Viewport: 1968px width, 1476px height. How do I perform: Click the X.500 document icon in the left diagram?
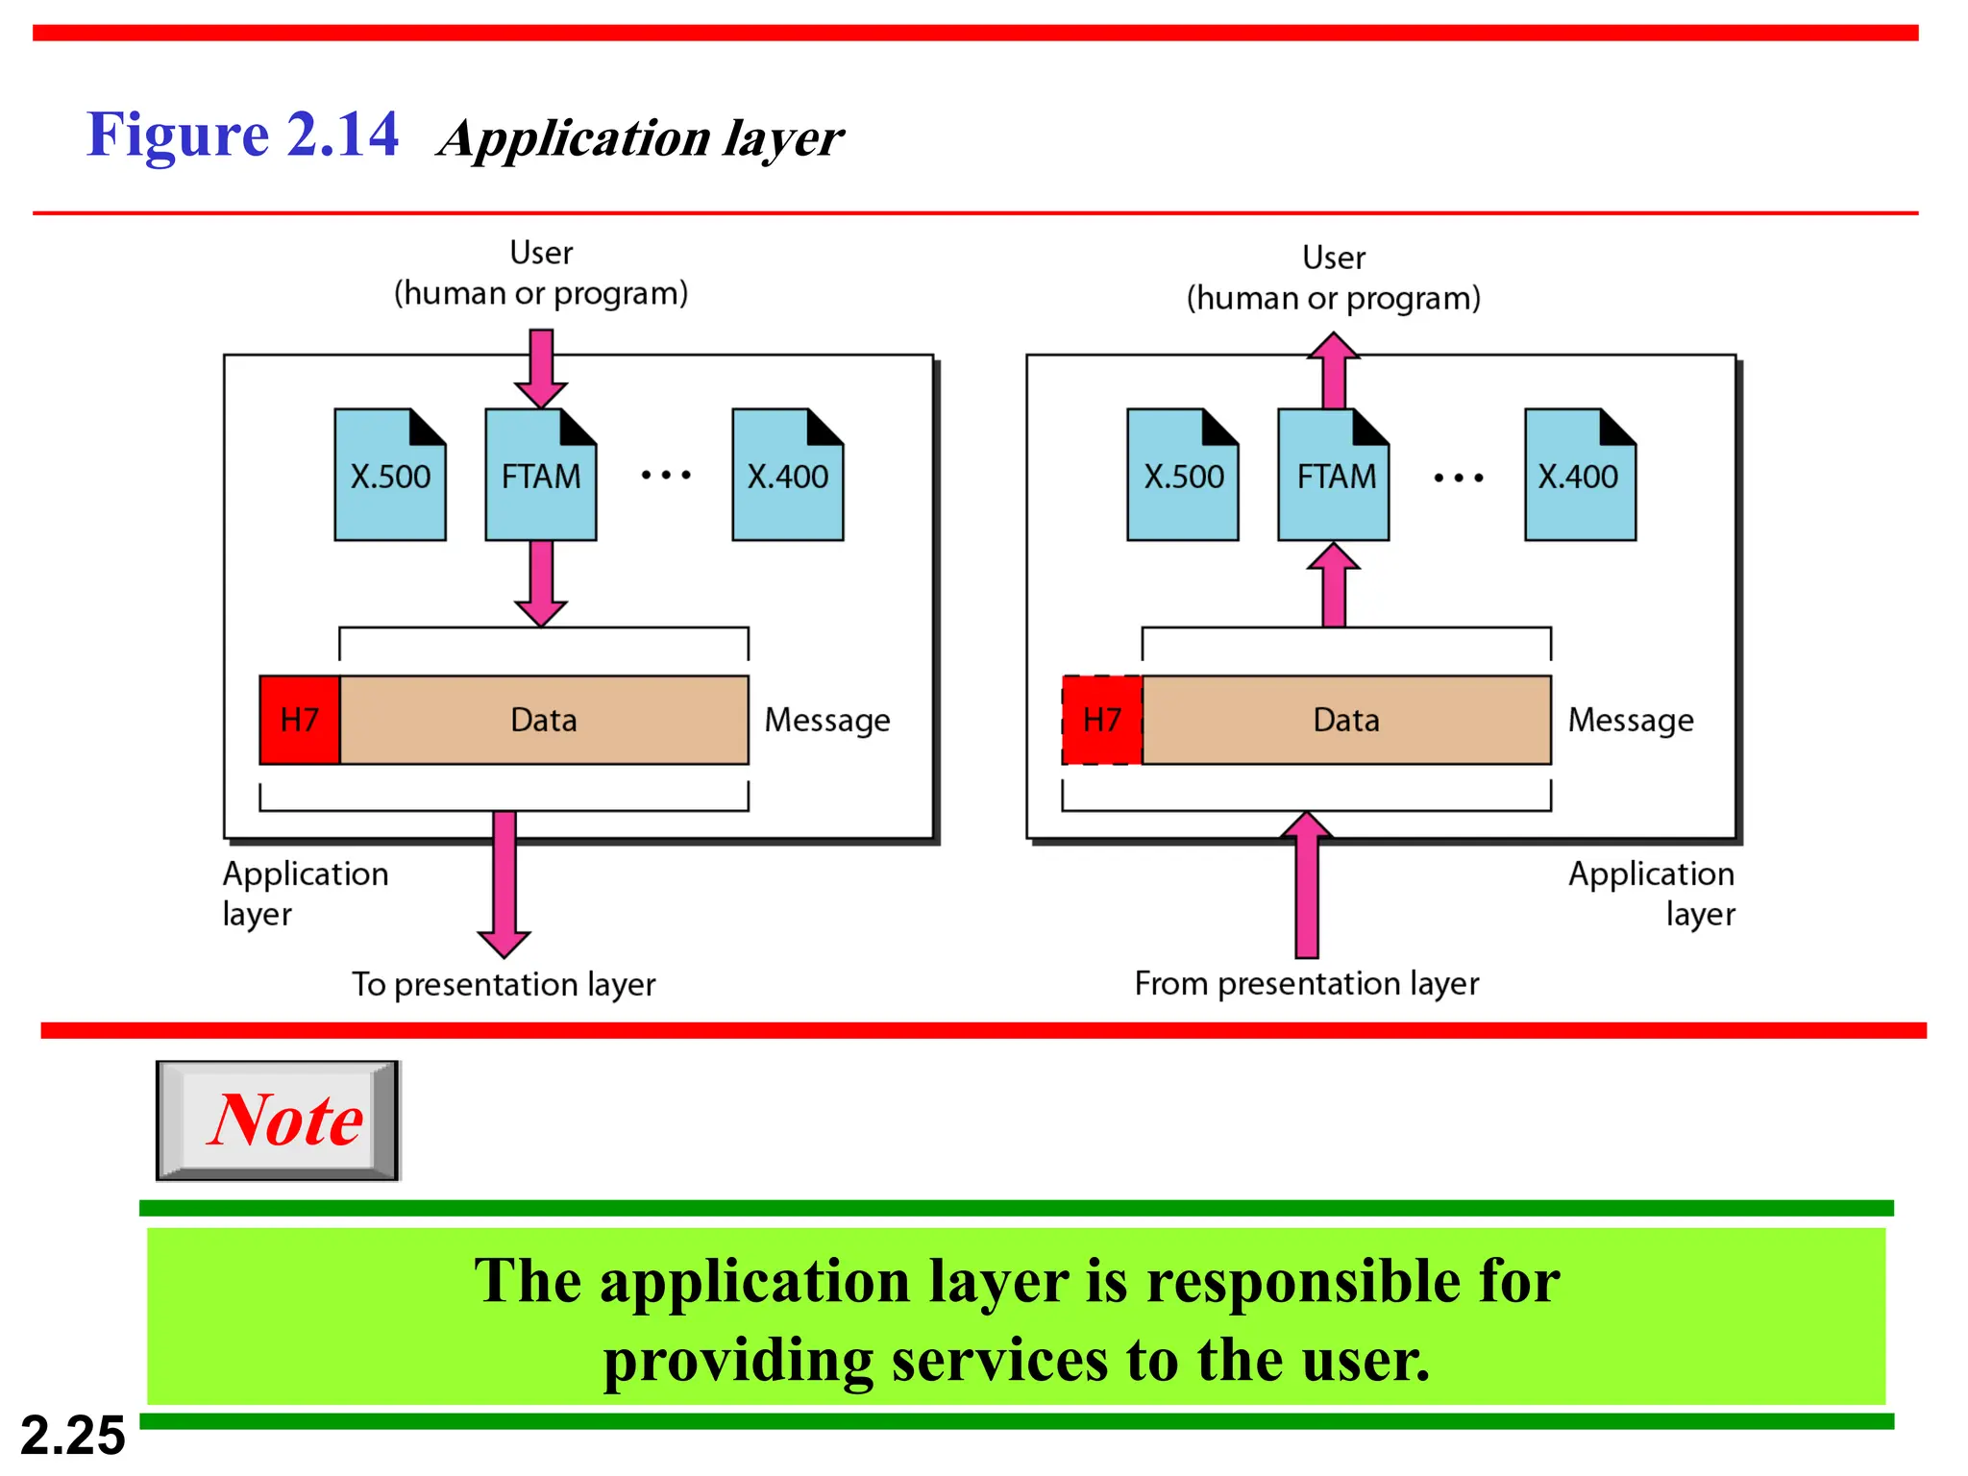pos(389,476)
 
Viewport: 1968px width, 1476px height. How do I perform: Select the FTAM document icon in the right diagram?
pos(1333,476)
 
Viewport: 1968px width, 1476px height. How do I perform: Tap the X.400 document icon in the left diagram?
pos(787,476)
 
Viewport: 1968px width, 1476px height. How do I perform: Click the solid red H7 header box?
pos(299,720)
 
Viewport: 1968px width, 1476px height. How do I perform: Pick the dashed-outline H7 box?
pos(1101,720)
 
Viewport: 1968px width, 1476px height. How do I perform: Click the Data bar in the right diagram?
pos(1345,720)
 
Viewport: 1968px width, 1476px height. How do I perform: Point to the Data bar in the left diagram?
pos(543,720)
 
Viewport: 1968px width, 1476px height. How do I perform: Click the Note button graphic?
pos(278,1120)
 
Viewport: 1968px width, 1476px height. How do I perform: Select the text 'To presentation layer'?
pos(503,984)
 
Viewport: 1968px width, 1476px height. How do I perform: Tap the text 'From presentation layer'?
pos(1306,983)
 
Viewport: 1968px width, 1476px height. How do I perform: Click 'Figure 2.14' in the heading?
pos(242,135)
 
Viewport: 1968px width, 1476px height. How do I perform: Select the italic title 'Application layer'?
pos(641,138)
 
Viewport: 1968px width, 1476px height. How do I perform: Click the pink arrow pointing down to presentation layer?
pos(504,884)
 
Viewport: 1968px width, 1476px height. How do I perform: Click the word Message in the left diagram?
pos(826,720)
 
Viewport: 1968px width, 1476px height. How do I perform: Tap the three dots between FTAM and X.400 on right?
pos(1458,478)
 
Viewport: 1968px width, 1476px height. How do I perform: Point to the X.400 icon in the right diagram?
pos(1579,476)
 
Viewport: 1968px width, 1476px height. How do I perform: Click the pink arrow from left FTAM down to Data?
pos(541,582)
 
